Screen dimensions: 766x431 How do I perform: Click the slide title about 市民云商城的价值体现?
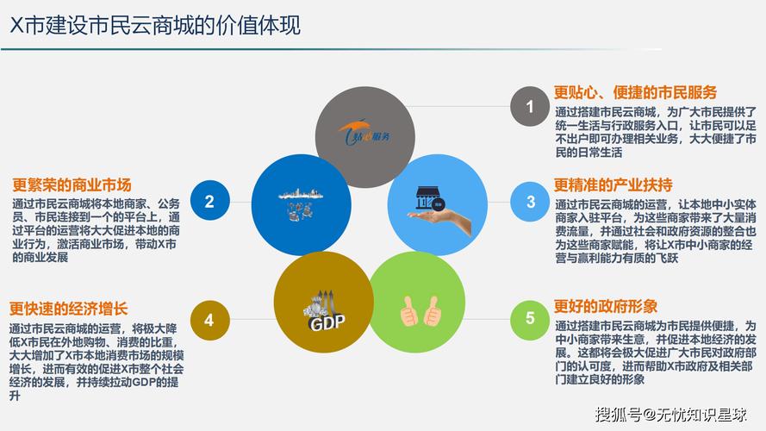pos(155,25)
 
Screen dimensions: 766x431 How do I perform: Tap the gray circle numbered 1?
pos(530,106)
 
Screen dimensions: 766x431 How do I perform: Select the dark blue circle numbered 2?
pos(209,201)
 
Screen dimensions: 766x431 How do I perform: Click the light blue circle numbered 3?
pos(531,202)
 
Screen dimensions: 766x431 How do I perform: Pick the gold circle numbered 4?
pos(209,320)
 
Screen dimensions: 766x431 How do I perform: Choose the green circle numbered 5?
pos(530,319)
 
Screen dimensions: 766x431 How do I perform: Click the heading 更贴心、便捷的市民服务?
pos(636,92)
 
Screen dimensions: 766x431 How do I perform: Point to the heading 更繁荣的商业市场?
pos(72,184)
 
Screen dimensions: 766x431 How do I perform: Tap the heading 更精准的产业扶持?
pos(613,184)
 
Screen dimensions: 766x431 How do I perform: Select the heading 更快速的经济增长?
pos(69,309)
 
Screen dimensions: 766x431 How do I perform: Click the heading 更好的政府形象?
pos(606,306)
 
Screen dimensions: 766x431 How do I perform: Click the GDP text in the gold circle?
pos(327,322)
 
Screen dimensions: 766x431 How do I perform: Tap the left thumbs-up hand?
pos(409,311)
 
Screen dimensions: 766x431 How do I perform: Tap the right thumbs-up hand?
pos(433,311)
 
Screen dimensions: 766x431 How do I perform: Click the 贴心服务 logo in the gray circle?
pos(365,133)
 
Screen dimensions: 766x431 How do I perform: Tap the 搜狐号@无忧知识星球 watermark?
pos(670,415)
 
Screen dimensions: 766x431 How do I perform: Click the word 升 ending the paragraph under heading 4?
pos(16,396)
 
